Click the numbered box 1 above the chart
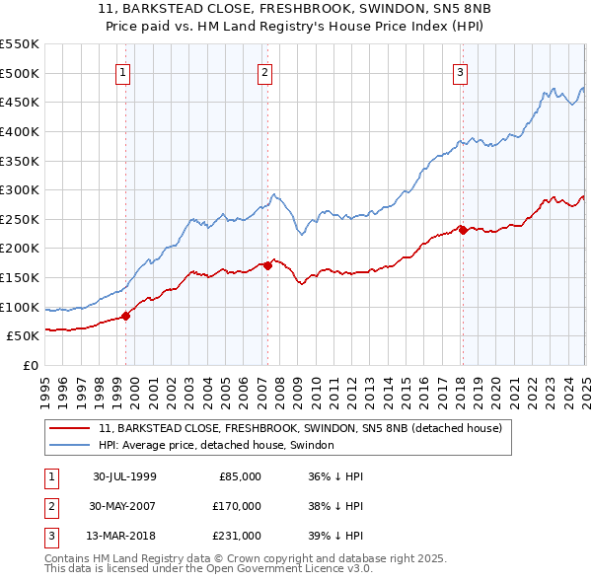point(123,71)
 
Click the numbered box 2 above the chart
point(265,71)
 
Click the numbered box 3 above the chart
point(460,71)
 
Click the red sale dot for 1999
point(126,316)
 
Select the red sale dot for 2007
point(267,265)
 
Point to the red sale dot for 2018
point(463,230)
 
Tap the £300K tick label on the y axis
point(20,189)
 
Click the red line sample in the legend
point(70,428)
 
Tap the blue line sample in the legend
point(70,446)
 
